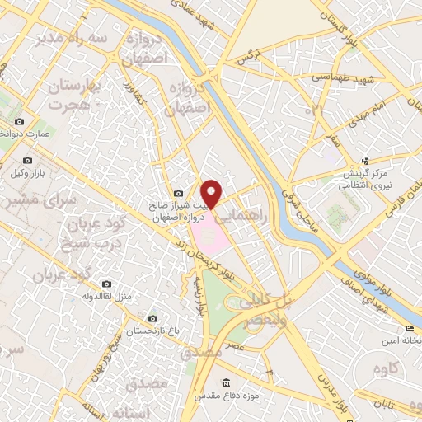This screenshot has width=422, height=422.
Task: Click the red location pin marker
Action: (213, 193)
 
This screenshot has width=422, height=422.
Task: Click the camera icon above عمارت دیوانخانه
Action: (19, 121)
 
